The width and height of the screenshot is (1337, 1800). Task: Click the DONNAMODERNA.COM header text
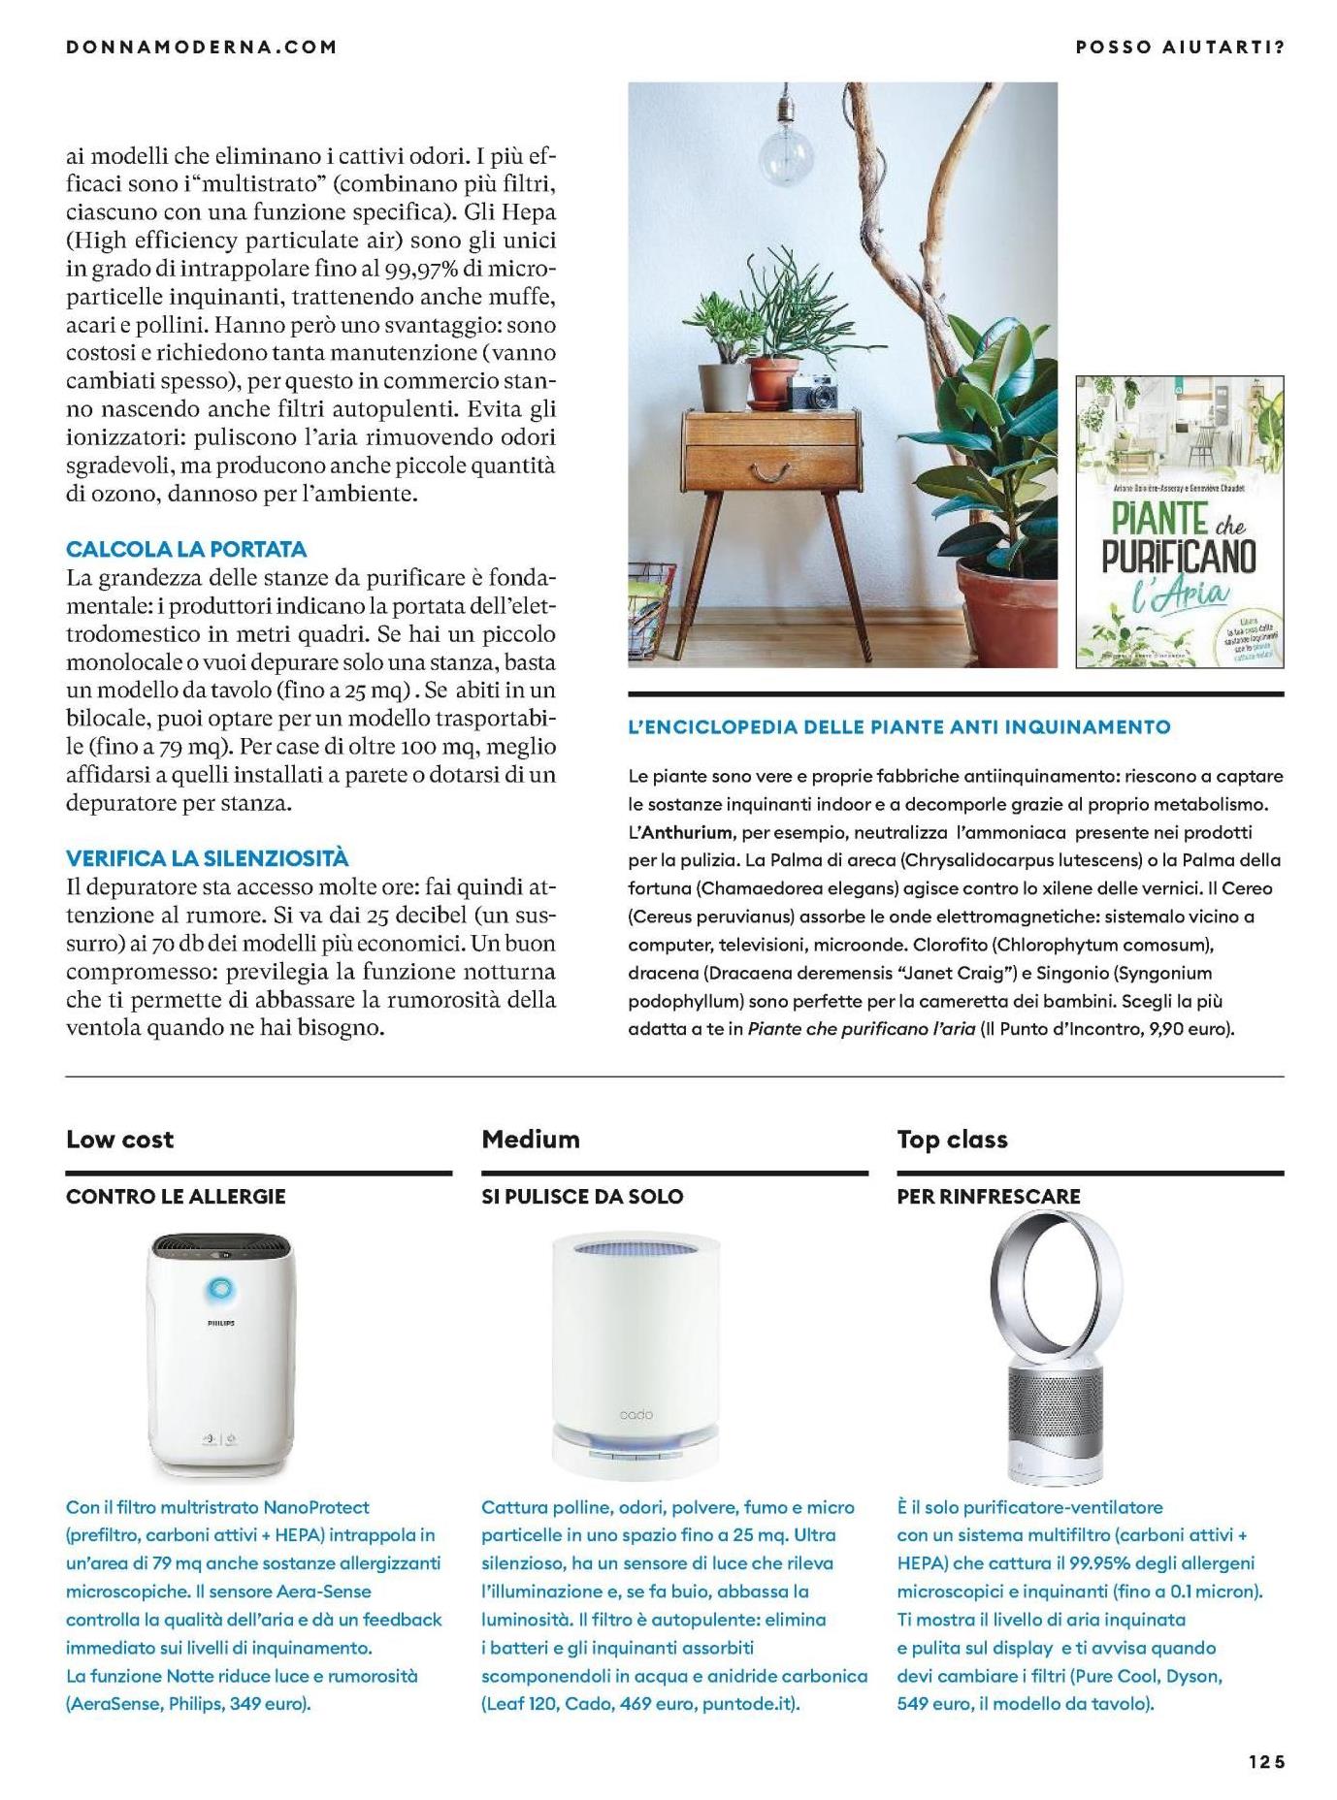(x=202, y=47)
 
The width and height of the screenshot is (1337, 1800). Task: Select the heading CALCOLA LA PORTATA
(x=186, y=549)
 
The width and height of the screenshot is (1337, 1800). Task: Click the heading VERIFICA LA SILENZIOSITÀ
(x=207, y=858)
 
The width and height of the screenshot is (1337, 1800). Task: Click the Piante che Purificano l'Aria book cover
(x=1179, y=522)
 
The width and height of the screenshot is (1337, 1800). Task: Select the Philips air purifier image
(x=221, y=1353)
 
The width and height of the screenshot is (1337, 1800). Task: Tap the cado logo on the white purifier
(x=636, y=1415)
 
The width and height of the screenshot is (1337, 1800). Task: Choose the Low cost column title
(x=120, y=1140)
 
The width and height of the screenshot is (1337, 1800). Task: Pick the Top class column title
(x=952, y=1140)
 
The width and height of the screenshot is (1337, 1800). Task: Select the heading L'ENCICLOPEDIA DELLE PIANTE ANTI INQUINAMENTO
(x=899, y=726)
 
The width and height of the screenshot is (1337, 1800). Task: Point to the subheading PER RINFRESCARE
(x=988, y=1197)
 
